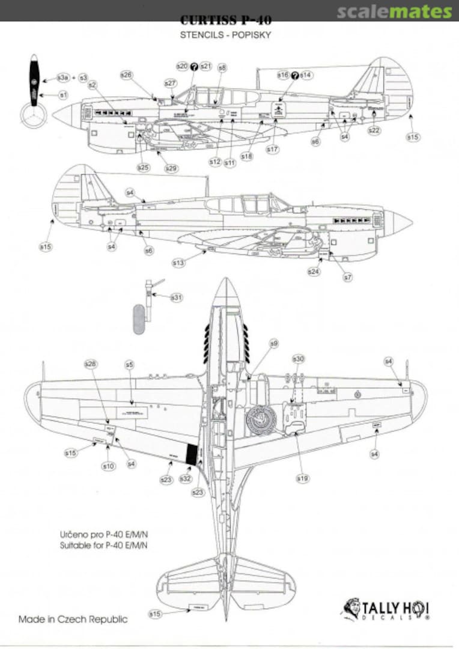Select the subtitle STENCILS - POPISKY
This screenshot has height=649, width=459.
[225, 35]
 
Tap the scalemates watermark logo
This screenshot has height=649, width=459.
[394, 11]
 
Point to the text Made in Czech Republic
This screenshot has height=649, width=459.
[73, 619]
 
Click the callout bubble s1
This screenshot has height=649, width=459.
[62, 95]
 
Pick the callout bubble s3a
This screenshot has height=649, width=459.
[62, 78]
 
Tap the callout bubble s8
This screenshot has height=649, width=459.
[222, 68]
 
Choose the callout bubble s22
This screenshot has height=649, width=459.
[374, 130]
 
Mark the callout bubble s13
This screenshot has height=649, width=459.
[178, 262]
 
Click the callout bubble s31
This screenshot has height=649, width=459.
[176, 297]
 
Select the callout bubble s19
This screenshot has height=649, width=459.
[302, 478]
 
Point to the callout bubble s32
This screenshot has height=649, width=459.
[186, 479]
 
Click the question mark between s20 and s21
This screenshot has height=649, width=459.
[194, 66]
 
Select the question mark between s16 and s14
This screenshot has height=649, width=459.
[294, 75]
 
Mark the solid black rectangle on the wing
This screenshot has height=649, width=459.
[191, 454]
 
